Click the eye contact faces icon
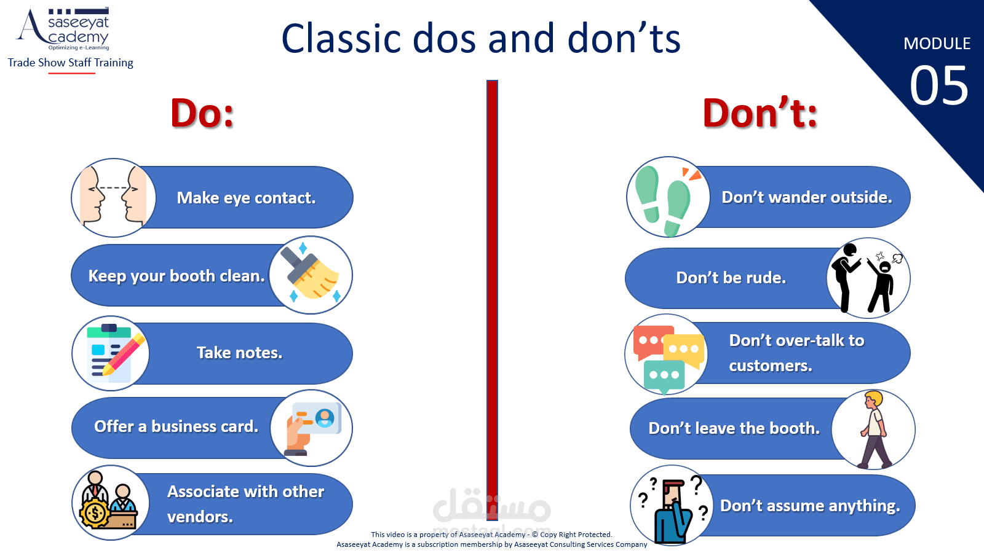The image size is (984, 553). point(113,197)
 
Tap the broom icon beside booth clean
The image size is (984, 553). point(311,275)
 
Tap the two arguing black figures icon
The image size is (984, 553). point(868,277)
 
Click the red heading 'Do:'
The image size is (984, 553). point(202,113)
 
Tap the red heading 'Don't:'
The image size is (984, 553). point(760,113)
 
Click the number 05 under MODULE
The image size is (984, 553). point(938,85)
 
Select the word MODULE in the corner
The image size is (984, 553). point(937,44)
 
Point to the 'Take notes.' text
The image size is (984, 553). point(239,353)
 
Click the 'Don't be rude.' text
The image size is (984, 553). point(731,277)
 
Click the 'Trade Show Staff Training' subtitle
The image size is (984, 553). point(70,63)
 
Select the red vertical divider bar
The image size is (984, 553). point(492,295)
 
